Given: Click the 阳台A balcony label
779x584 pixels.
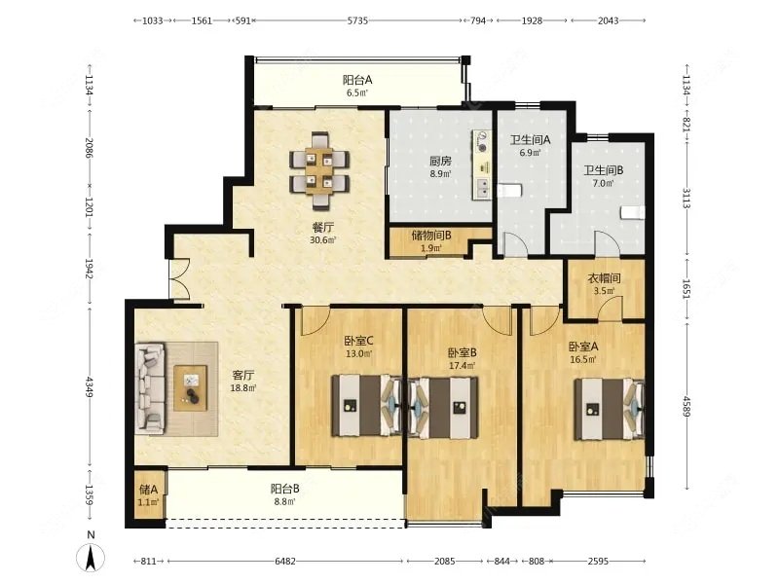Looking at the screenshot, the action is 357,80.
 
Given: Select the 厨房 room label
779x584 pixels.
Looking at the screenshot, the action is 440,161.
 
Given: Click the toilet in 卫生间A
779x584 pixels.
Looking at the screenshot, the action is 509,191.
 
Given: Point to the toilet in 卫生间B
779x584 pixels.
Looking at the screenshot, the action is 632,212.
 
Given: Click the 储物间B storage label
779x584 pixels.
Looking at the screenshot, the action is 431,236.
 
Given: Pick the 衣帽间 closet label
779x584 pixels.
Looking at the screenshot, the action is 604,278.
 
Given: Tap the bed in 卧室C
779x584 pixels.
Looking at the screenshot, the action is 367,406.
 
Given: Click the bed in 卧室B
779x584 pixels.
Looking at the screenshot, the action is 444,408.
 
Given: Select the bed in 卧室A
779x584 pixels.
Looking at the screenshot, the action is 610,410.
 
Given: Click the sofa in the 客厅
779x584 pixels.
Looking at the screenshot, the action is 150,388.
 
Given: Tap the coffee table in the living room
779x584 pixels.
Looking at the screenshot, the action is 191,387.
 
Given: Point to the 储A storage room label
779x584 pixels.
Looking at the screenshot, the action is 148,490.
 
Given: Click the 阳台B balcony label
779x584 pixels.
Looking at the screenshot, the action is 284,490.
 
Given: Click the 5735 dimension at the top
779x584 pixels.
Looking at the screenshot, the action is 357,20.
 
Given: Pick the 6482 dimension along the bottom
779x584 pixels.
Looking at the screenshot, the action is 285,562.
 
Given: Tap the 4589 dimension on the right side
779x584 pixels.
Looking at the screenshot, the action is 686,406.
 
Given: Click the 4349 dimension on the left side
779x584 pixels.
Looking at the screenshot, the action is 89,386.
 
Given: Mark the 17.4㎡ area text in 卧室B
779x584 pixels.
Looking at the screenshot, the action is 462,366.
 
